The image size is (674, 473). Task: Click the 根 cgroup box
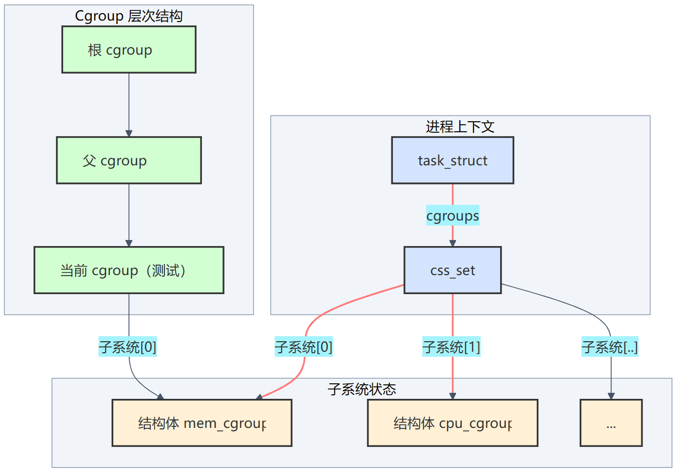coord(129,50)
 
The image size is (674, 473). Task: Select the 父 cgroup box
coord(129,160)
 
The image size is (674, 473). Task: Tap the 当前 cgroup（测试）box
coord(129,270)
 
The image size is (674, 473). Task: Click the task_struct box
coord(453,160)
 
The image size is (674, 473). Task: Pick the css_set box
coord(453,270)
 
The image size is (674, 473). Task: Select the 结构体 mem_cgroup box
coord(202,423)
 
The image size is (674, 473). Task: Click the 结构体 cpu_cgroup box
coord(453,423)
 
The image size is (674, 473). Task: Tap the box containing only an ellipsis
coord(611,423)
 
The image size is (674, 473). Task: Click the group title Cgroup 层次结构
coord(129,16)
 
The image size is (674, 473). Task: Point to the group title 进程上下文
coord(460,127)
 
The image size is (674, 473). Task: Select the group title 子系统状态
coord(362,389)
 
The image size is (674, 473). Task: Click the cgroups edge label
coord(453,215)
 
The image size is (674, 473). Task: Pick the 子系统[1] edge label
coord(452,347)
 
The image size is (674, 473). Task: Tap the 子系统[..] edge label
coord(610,347)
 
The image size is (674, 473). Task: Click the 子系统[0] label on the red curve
coord(304,347)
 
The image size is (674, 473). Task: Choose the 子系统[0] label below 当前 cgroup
coord(128,347)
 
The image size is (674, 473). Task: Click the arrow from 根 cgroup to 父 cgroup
coord(129,105)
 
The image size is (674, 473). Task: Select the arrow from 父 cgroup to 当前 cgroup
coord(129,215)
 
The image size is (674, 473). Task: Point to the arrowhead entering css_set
coord(453,243)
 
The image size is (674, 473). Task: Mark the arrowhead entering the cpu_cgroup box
coord(453,396)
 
